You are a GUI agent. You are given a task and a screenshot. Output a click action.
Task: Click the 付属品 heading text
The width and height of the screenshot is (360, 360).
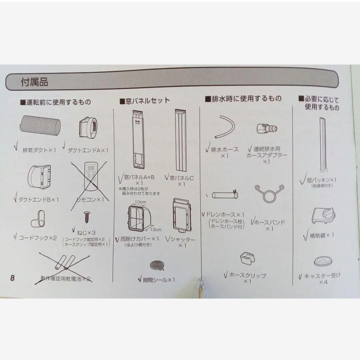click(x=34, y=82)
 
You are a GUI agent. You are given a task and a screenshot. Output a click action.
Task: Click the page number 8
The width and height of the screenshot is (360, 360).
click(x=12, y=278)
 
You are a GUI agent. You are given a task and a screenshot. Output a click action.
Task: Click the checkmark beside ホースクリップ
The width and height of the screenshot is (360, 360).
click(x=226, y=275)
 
